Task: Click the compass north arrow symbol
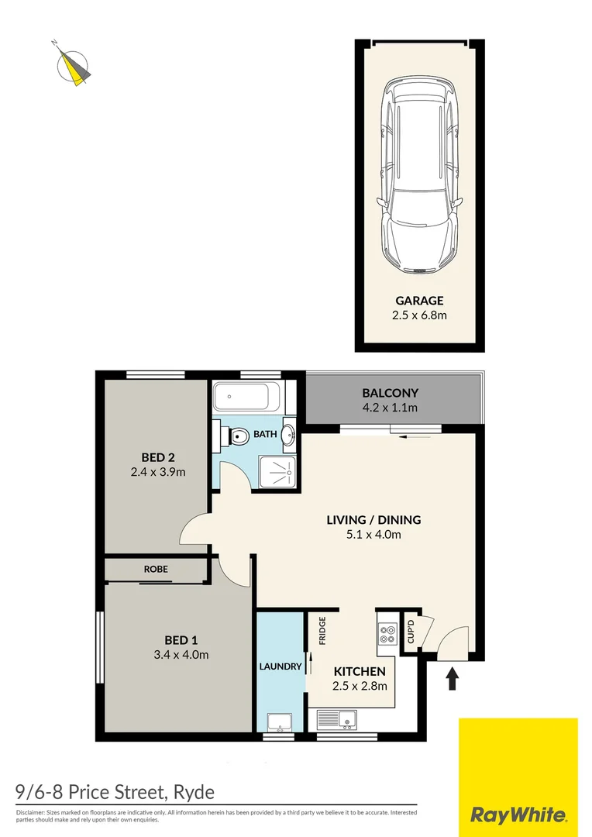point(74,66)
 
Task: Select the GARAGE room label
point(419,300)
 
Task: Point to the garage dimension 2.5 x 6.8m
point(419,315)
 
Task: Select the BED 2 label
point(158,457)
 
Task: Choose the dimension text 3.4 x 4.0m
point(181,654)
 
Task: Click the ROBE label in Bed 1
point(156,569)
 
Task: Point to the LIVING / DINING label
point(373,519)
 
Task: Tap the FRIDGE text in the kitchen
point(322,630)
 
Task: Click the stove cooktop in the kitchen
point(386,635)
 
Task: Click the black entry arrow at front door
point(453,679)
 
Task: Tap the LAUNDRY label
point(280,666)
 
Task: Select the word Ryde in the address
point(191,792)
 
